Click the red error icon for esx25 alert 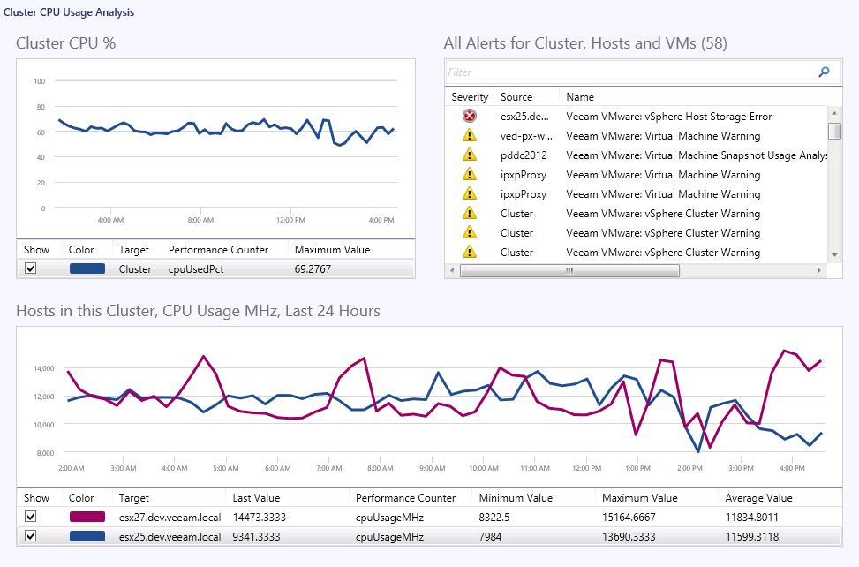pyautogui.click(x=469, y=117)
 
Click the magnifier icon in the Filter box pyautogui.click(x=824, y=72)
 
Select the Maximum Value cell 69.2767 pyautogui.click(x=313, y=269)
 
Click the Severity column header pyautogui.click(x=470, y=97)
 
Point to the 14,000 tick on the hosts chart pyautogui.click(x=42, y=368)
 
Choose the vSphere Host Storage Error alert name pyautogui.click(x=668, y=117)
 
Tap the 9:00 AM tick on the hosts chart pyautogui.click(x=432, y=468)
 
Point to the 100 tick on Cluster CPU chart pyautogui.click(x=39, y=82)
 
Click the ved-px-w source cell pyautogui.click(x=525, y=136)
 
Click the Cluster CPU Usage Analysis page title pyautogui.click(x=69, y=11)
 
